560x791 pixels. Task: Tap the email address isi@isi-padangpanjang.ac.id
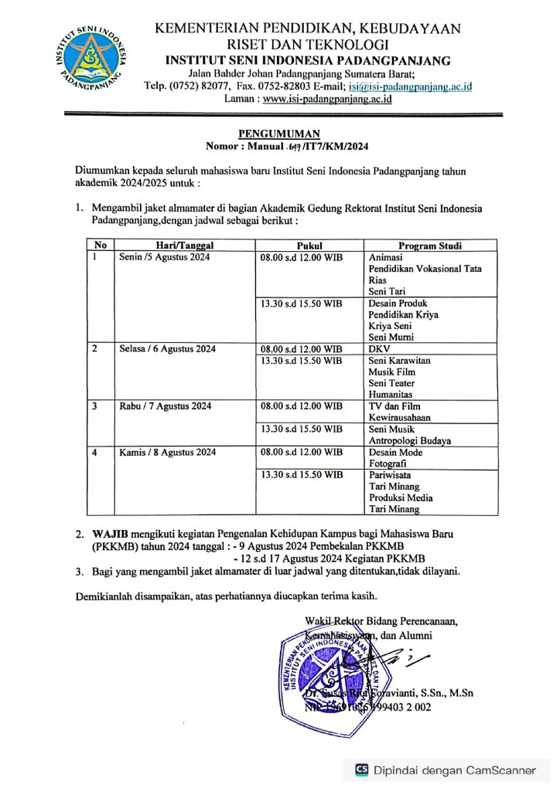click(x=411, y=86)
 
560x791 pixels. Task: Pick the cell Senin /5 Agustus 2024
click(x=165, y=257)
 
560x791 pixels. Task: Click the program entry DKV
click(x=379, y=349)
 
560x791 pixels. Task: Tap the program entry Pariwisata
click(x=390, y=475)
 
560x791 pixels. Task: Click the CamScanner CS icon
click(x=361, y=769)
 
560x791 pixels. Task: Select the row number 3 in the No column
click(x=94, y=406)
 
